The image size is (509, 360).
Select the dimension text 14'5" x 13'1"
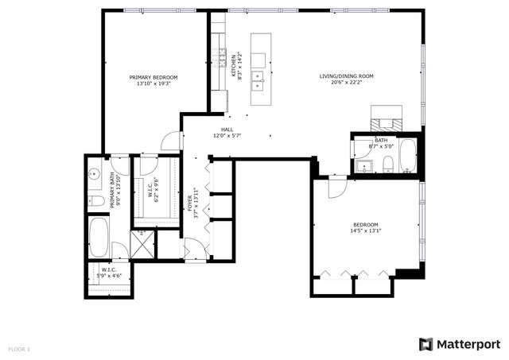tap(366, 231)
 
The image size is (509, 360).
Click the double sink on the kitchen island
tap(258, 78)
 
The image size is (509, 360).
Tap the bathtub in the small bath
tap(407, 156)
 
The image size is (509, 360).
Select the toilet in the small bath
tap(387, 165)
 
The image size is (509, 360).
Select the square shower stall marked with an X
tap(144, 244)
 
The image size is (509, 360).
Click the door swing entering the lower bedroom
tap(337, 188)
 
